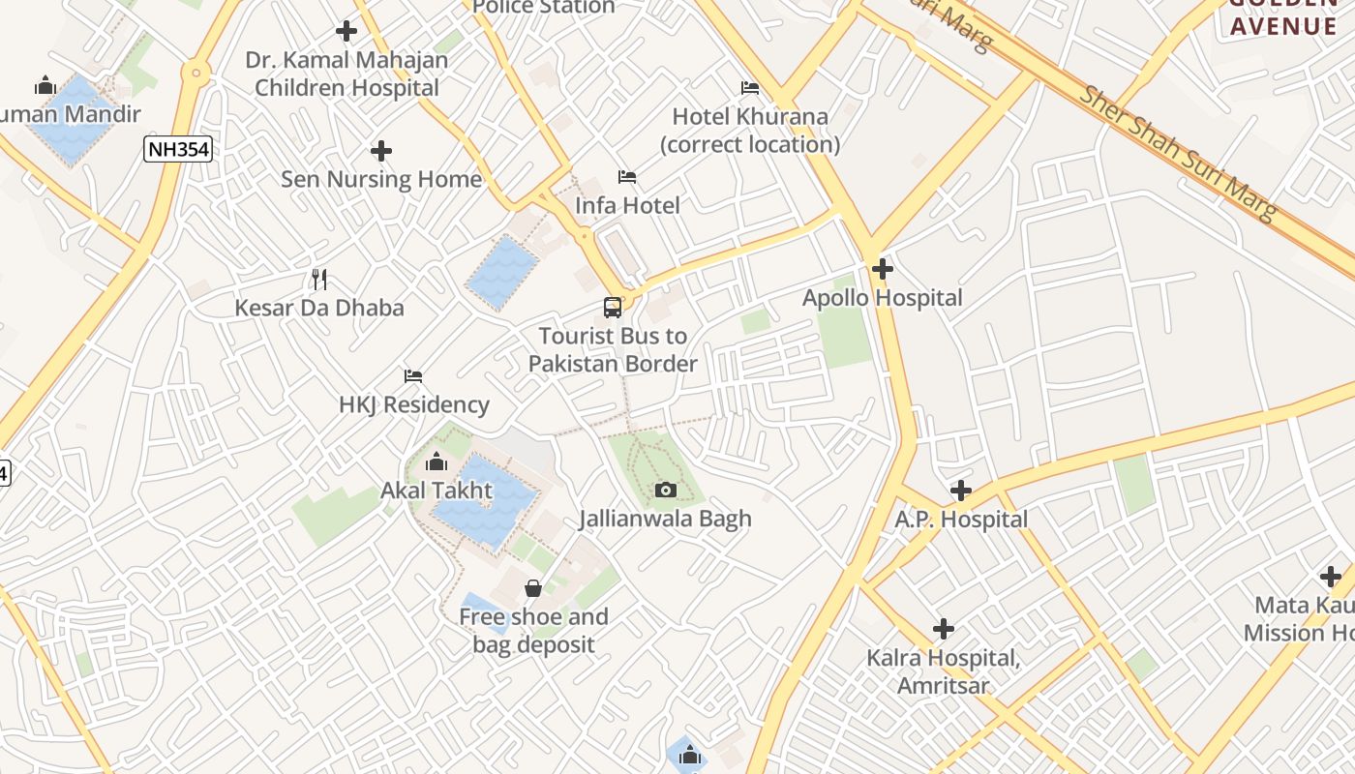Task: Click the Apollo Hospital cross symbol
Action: click(882, 268)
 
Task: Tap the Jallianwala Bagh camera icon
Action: click(665, 490)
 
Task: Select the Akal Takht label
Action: click(436, 491)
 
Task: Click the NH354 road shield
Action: click(178, 149)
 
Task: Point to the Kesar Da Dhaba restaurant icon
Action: click(319, 280)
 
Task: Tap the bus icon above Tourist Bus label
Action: click(613, 308)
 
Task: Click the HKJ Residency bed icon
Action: click(413, 375)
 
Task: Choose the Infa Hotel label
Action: click(627, 205)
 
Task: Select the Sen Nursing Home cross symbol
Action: click(381, 151)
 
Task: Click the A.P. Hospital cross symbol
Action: click(960, 491)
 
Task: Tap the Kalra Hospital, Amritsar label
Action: click(943, 672)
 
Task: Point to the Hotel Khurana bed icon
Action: click(750, 88)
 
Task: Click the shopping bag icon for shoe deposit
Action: click(532, 587)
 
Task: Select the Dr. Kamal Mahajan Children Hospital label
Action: click(346, 74)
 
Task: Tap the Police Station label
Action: click(543, 8)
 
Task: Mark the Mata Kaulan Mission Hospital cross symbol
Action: click(1331, 577)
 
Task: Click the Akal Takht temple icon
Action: click(436, 461)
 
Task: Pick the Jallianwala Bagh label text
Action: click(665, 519)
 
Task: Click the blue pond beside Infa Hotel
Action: click(501, 272)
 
